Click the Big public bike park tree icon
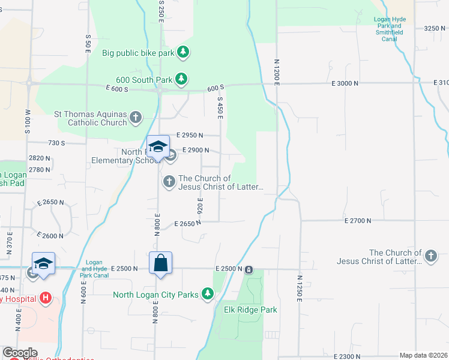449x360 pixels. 183,53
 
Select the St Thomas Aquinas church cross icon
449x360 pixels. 136,117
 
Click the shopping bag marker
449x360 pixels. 160,263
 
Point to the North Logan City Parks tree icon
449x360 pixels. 207,294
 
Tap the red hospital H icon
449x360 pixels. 45,298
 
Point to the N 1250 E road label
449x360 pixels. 298,289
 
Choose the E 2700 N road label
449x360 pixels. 359,221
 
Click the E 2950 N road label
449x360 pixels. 190,136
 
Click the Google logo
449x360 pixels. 19,353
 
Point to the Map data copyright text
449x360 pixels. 423,355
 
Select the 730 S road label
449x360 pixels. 55,143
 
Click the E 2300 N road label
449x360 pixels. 358,356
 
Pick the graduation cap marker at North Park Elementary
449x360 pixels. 158,147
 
